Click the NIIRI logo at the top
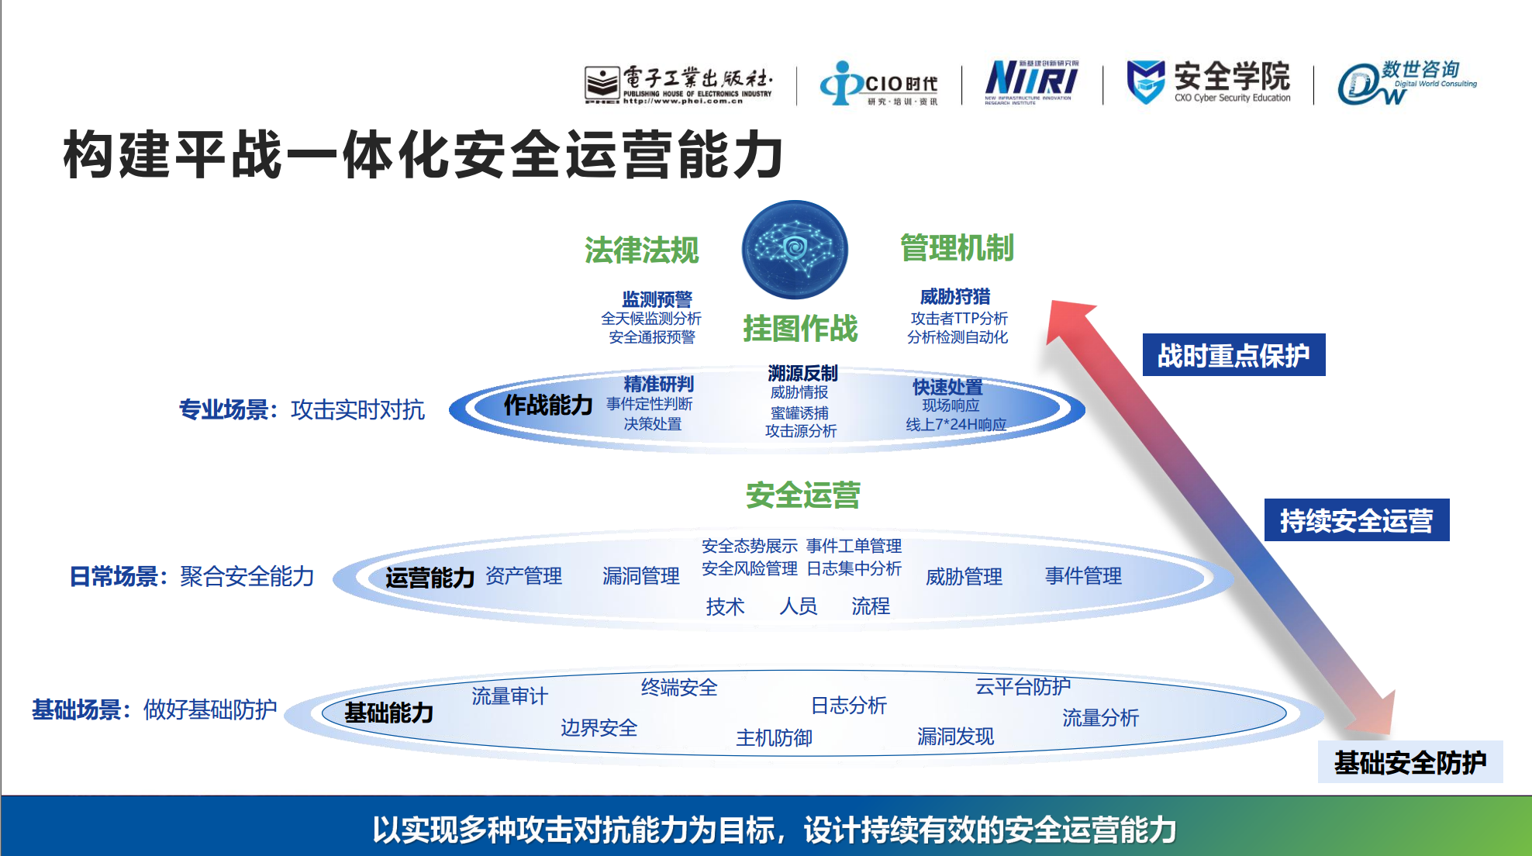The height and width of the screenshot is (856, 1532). click(x=1031, y=81)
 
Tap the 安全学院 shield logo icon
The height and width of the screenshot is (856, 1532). click(x=1145, y=81)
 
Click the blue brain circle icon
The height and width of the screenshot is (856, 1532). click(x=795, y=250)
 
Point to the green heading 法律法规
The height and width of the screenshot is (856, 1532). click(x=642, y=250)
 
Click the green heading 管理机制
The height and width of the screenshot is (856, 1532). click(x=957, y=248)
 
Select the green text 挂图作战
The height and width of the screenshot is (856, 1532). click(x=800, y=329)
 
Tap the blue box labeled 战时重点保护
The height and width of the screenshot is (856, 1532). click(x=1234, y=355)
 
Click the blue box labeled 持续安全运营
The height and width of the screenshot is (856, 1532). click(x=1356, y=520)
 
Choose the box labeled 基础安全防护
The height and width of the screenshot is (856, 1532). click(x=1410, y=762)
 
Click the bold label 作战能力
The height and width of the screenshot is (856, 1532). click(x=548, y=405)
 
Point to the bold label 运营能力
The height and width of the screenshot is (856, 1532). click(x=430, y=578)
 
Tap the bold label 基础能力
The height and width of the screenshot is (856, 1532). click(x=388, y=713)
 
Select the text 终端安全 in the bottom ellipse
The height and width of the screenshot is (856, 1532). click(x=679, y=688)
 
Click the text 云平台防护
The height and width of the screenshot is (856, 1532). click(x=1023, y=686)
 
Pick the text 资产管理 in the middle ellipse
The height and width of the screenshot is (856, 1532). click(x=523, y=576)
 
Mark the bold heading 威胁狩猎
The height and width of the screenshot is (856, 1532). click(x=955, y=297)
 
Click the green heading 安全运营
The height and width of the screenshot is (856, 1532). click(x=803, y=495)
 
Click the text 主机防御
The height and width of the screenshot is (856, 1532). click(x=774, y=737)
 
